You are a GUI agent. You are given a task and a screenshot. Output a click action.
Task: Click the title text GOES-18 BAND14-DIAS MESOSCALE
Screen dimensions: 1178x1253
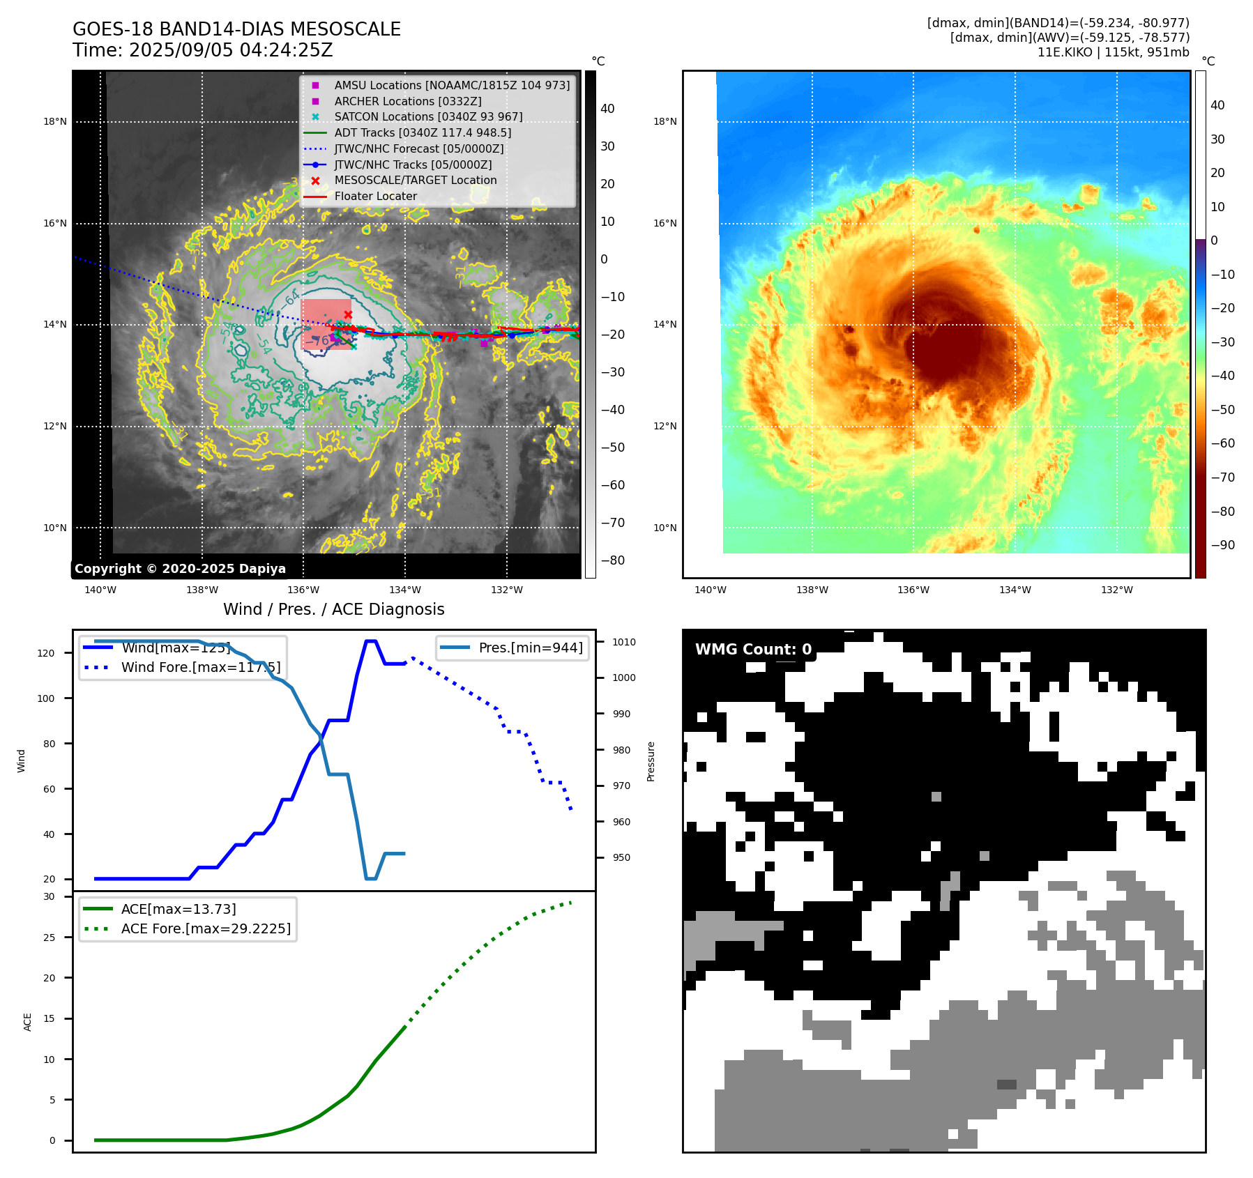[236, 29]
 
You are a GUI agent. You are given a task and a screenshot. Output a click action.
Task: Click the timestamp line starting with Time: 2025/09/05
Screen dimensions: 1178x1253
[202, 50]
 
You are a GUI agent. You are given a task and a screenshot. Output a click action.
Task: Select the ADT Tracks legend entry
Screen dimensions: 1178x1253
[422, 132]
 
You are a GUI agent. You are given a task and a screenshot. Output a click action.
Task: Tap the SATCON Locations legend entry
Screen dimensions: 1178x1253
[427, 116]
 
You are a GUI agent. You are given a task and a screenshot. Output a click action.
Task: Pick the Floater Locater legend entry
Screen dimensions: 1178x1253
[375, 196]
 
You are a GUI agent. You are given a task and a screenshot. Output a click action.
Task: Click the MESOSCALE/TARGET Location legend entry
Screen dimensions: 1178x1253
[415, 180]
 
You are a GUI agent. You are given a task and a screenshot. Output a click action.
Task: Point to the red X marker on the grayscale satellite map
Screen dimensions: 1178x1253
[348, 314]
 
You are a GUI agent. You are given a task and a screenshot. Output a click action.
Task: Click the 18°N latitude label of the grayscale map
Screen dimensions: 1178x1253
[55, 121]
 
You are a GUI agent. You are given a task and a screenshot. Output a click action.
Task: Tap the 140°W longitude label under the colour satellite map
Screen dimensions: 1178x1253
[710, 590]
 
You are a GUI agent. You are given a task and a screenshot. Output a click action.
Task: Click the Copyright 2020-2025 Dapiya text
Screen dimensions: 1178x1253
[180, 569]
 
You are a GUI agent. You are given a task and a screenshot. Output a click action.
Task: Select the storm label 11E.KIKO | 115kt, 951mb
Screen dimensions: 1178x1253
[1113, 52]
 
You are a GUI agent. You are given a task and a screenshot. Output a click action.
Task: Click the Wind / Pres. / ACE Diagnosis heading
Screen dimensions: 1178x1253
[333, 609]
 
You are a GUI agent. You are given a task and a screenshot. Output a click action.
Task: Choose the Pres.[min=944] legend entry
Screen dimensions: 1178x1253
[530, 648]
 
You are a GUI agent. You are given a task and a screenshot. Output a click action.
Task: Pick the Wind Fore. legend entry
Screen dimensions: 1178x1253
[200, 667]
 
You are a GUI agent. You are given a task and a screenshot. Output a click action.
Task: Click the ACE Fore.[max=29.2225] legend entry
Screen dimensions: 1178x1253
[205, 928]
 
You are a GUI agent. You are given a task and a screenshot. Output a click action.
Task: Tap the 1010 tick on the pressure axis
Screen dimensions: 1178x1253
[624, 642]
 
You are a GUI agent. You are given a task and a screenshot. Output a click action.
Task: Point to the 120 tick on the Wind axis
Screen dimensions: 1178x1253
[46, 653]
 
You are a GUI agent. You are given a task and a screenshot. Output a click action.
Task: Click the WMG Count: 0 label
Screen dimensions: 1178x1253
[753, 649]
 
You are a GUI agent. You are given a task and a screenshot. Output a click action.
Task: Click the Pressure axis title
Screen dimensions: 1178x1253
[651, 761]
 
